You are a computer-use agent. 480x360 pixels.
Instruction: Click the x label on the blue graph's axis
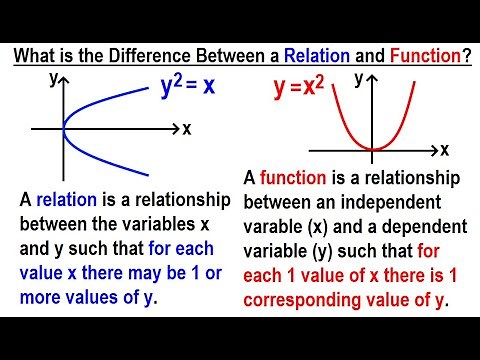[x=187, y=128]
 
